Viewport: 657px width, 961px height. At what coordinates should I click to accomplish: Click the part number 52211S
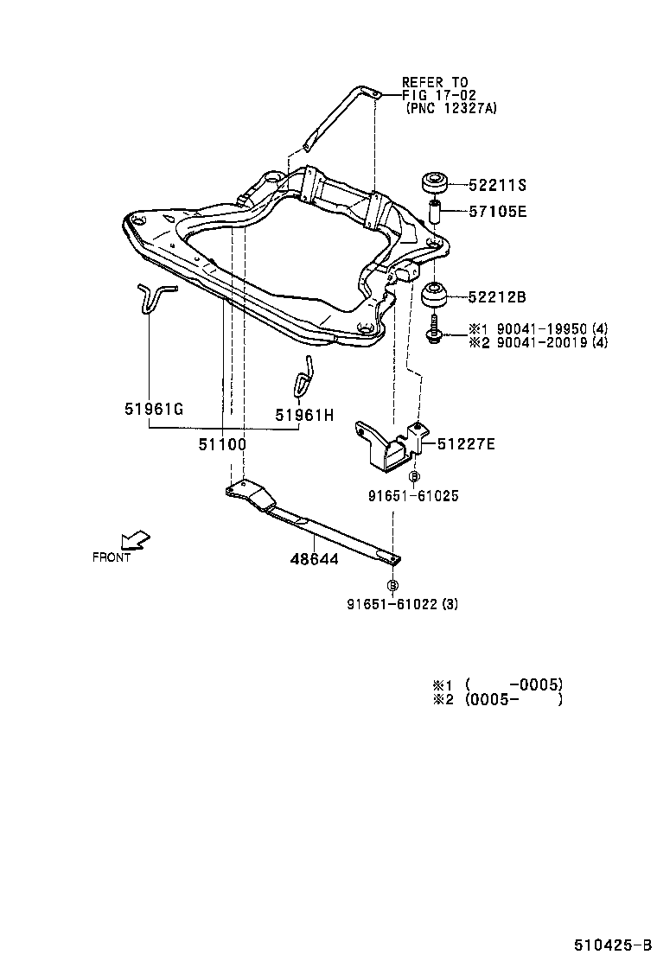[x=497, y=185]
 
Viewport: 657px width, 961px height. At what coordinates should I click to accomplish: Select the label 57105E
[x=497, y=210]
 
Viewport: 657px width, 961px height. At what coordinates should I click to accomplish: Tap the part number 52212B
[x=497, y=297]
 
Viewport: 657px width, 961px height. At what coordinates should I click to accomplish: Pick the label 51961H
[x=304, y=415]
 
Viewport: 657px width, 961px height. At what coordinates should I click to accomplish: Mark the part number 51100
[x=222, y=444]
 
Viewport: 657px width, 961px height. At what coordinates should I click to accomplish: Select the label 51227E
[x=466, y=444]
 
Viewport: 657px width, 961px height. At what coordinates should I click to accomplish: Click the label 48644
[x=314, y=559]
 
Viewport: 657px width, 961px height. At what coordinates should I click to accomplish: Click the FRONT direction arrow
[x=135, y=540]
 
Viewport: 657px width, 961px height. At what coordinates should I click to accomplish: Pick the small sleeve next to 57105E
[x=435, y=211]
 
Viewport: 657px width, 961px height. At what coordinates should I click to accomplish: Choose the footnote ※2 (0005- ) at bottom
[x=498, y=699]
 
